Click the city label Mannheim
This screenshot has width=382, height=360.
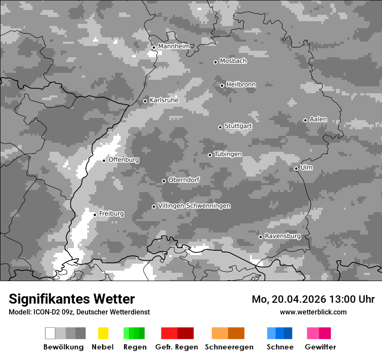(174, 46)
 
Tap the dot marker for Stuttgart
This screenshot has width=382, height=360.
(221, 127)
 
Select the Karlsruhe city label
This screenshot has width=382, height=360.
(164, 100)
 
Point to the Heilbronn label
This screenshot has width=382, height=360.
(241, 85)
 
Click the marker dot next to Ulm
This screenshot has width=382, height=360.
(296, 168)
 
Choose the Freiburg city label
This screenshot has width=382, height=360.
(111, 214)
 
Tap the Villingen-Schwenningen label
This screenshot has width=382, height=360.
(194, 206)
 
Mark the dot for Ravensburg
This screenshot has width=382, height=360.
(261, 237)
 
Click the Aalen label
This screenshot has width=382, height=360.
(318, 119)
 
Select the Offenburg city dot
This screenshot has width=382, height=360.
(104, 160)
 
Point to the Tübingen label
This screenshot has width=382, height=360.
(228, 154)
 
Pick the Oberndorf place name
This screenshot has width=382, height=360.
(184, 180)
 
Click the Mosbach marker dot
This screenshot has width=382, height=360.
(215, 62)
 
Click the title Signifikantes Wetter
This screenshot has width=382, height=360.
(72, 299)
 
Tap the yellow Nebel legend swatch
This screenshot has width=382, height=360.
(103, 333)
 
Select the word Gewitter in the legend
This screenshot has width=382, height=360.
(320, 347)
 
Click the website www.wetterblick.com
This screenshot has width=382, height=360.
(313, 312)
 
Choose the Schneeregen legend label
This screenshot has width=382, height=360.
(229, 347)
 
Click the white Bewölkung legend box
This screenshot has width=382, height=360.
(50, 333)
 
